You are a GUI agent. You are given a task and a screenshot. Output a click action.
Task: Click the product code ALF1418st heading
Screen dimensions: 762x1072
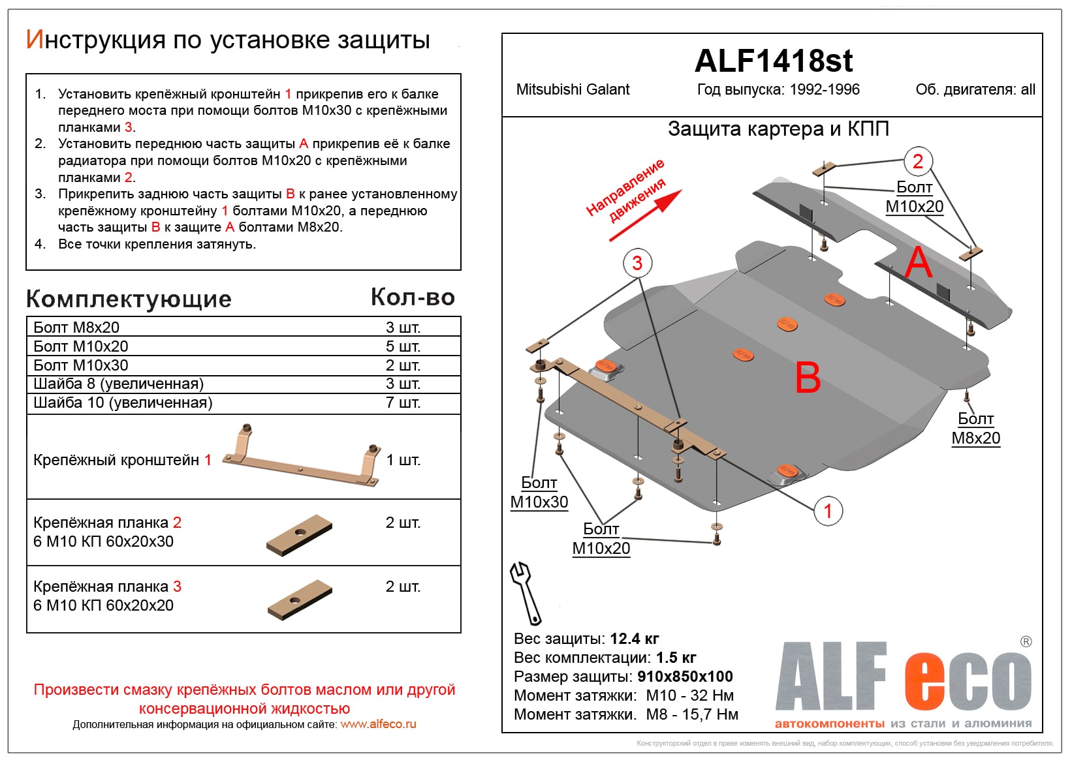click(773, 61)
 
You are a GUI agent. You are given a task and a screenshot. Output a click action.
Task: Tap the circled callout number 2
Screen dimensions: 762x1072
click(917, 161)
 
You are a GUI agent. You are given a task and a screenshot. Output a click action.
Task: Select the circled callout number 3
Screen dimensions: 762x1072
click(637, 263)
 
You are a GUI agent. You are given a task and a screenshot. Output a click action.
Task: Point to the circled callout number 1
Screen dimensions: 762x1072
click(828, 511)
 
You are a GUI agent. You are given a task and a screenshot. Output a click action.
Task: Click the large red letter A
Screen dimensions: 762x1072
click(919, 263)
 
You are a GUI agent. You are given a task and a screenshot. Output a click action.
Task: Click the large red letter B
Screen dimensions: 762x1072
click(808, 378)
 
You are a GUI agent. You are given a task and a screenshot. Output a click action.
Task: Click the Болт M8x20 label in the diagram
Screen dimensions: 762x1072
click(975, 429)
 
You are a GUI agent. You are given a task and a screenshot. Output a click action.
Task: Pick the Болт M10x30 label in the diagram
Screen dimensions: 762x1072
click(539, 493)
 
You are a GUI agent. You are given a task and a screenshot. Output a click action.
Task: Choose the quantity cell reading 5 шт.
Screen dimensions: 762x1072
click(403, 346)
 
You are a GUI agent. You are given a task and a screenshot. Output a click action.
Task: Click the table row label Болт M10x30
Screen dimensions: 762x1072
click(81, 365)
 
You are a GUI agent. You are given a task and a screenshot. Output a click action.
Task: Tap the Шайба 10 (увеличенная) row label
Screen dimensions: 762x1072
click(123, 403)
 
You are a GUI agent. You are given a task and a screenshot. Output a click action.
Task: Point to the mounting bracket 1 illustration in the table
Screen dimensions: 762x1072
click(301, 456)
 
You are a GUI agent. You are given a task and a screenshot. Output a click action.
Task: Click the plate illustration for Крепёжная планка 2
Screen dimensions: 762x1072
click(300, 534)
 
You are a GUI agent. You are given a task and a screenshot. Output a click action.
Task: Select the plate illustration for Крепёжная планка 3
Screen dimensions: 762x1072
click(300, 600)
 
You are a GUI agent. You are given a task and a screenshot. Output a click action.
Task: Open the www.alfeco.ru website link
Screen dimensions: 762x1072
click(378, 724)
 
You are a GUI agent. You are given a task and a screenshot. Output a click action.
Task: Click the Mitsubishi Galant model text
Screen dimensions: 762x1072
click(573, 90)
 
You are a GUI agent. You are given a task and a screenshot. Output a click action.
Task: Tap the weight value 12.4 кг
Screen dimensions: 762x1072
click(634, 639)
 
